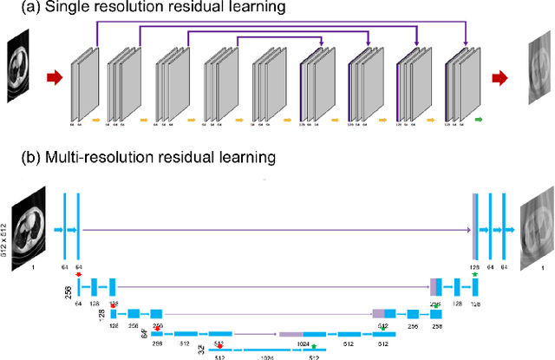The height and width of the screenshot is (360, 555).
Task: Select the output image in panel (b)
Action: [536, 230]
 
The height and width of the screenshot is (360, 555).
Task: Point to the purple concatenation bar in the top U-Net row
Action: [474, 230]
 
